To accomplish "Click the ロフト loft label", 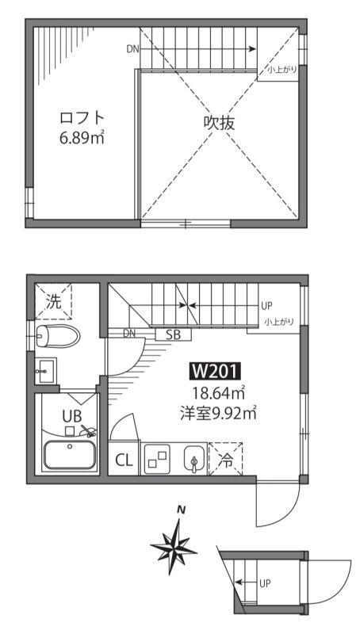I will [x=82, y=117].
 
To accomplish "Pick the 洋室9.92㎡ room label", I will [x=216, y=412].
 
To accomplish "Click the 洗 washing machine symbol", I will [x=52, y=301].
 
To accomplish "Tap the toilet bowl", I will [x=58, y=335].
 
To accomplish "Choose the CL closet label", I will [x=124, y=460].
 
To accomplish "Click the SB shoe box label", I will [x=173, y=334].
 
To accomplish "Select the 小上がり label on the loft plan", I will [x=283, y=70].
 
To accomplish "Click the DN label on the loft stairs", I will [x=132, y=49].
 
